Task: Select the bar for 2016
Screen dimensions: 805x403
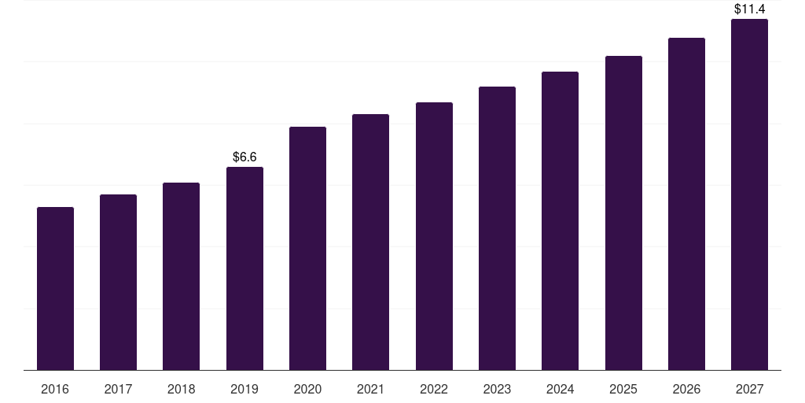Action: point(56,288)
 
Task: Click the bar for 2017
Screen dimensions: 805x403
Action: point(118,283)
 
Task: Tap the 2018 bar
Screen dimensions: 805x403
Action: point(182,276)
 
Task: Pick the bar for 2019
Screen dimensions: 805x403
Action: point(245,268)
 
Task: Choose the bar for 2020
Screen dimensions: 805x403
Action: point(307,248)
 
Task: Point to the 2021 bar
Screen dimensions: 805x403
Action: point(371,242)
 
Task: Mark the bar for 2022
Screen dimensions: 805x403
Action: point(434,236)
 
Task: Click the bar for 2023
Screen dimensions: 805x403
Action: point(497,228)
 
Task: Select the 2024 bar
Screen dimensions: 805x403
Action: point(560,221)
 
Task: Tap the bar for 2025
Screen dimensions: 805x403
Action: point(623,213)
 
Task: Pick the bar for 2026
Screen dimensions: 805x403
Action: point(686,204)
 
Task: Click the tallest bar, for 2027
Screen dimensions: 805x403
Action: point(749,194)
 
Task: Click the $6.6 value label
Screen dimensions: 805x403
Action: point(244,157)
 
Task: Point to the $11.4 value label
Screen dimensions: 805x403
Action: point(749,9)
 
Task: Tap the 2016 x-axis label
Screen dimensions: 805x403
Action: point(55,389)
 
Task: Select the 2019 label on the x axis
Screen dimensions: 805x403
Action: point(244,389)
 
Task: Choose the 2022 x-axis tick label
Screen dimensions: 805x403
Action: point(434,389)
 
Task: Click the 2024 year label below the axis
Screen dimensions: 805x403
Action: point(560,389)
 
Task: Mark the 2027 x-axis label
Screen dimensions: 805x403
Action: point(749,389)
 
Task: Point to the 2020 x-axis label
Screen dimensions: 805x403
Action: point(307,389)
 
